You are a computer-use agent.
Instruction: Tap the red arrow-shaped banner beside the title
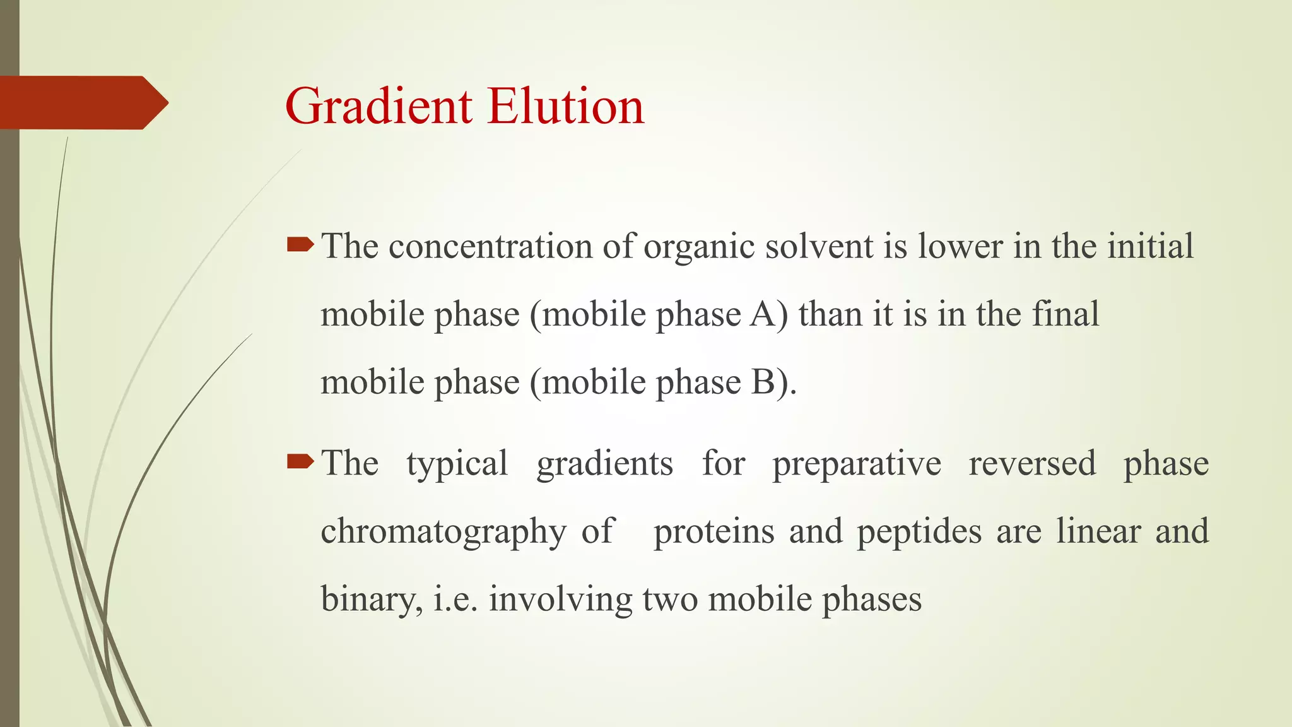(x=82, y=102)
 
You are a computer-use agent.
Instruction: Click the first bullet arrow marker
(x=300, y=245)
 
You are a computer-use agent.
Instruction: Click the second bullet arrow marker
(x=300, y=463)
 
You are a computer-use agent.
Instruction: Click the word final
(x=1065, y=314)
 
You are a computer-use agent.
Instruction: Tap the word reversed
(x=1032, y=463)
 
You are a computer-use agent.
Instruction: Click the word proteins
(x=714, y=531)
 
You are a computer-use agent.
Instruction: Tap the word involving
(x=560, y=600)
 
